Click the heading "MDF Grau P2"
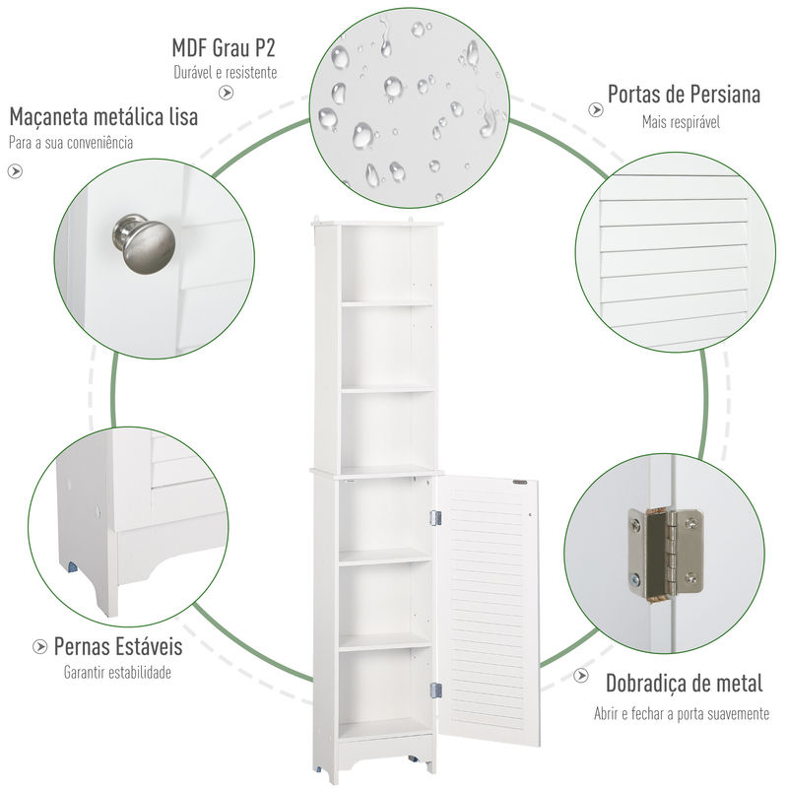click(x=224, y=48)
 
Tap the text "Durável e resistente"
click(x=226, y=72)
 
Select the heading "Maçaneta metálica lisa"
click(x=103, y=116)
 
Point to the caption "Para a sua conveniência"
click(x=71, y=143)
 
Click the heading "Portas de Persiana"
click(x=684, y=94)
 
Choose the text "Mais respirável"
click(x=681, y=121)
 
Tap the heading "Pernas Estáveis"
click(x=118, y=646)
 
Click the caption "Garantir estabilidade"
click(x=117, y=672)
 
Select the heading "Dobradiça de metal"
click(x=684, y=684)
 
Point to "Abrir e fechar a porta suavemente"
click(x=682, y=713)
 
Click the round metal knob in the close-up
click(x=144, y=243)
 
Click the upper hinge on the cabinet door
click(x=435, y=518)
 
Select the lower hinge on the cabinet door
click(x=436, y=690)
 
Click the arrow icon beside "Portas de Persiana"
click(x=596, y=109)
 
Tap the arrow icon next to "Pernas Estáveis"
click(x=39, y=646)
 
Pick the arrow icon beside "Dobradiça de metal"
click(x=581, y=675)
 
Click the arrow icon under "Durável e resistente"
click(x=227, y=93)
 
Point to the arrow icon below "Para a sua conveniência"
click(x=15, y=171)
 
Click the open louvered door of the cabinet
click(x=489, y=612)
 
